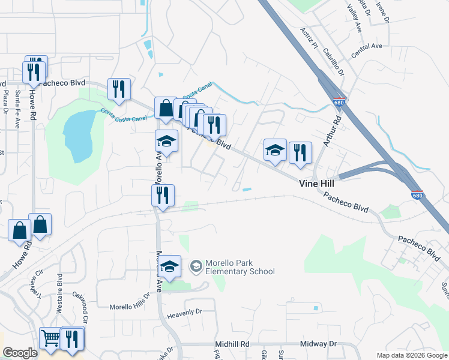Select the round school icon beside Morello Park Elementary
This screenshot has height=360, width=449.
[196, 266]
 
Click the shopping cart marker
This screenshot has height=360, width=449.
[50, 338]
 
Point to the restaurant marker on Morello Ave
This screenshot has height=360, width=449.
[162, 196]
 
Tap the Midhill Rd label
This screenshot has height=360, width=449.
[232, 344]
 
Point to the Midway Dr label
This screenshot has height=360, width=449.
[319, 344]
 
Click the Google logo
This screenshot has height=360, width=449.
[20, 353]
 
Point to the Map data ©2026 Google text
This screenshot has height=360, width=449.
[411, 355]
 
